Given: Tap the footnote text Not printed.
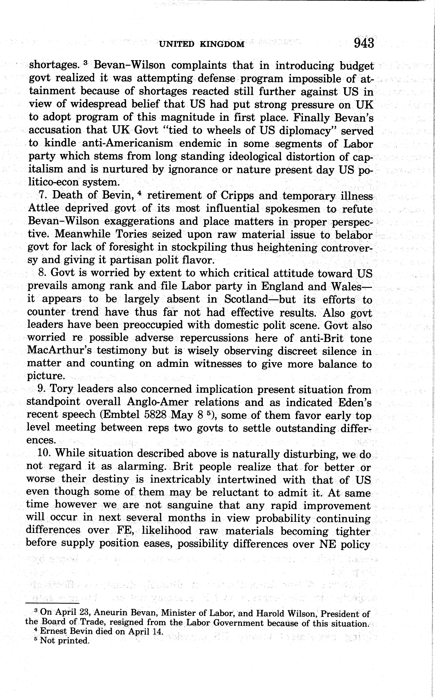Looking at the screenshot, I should click(x=65, y=641).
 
